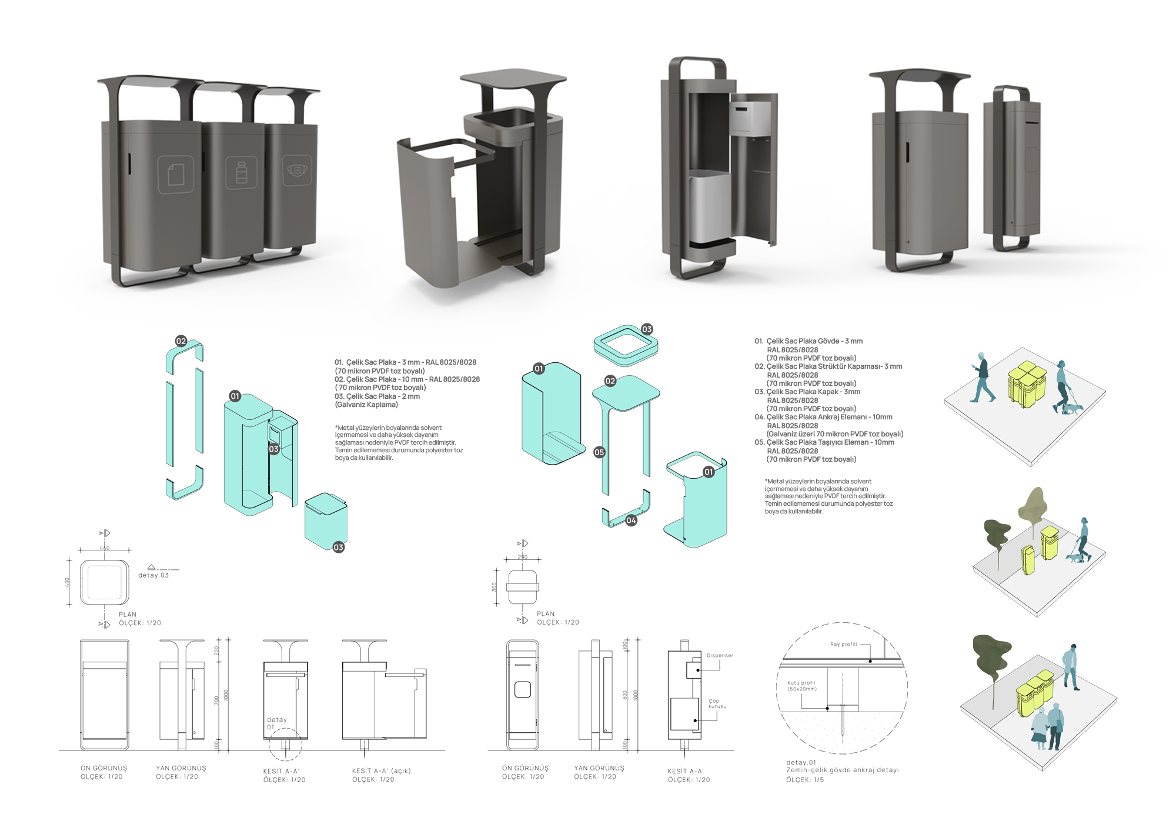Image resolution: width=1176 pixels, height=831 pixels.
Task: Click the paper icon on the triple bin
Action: coord(175,175)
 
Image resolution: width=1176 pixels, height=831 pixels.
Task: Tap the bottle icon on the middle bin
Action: coord(241,173)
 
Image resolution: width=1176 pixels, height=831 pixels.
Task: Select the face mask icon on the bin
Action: coord(297,170)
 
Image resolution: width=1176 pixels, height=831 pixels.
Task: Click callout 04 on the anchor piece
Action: coord(631,520)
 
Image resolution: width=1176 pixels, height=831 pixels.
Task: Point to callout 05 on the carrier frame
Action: coord(599,452)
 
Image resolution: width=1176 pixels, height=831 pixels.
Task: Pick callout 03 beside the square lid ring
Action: coord(647,329)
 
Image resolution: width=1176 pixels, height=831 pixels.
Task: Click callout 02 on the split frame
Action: coord(181,341)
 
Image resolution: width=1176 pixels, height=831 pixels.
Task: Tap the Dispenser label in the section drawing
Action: coord(720,655)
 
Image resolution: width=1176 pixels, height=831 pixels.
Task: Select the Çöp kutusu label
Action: coord(717,703)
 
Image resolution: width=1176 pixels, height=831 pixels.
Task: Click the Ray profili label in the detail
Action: coord(843,645)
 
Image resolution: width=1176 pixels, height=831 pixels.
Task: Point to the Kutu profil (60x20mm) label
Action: coord(801,686)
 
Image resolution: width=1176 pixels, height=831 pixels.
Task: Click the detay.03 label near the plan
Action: coord(153,575)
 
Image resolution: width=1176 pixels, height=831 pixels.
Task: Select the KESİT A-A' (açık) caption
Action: coord(381,770)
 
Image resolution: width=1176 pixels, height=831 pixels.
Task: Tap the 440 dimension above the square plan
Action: coord(105,548)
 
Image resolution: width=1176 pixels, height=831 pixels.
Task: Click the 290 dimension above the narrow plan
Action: coord(523,556)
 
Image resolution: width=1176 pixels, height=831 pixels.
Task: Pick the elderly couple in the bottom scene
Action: coord(1048,727)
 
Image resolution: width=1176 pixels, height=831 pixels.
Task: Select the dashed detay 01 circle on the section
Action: coord(285,744)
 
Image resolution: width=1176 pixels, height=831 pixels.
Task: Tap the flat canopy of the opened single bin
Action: coord(513,78)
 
